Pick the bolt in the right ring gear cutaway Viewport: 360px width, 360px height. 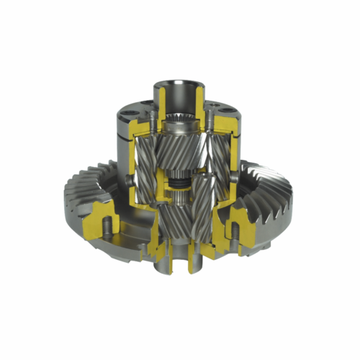tap(233, 229)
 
